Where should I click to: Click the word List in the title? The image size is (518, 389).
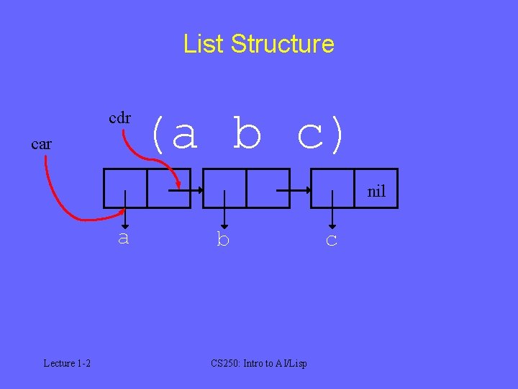click(204, 44)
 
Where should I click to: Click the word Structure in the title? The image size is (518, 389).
click(283, 44)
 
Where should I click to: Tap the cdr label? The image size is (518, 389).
click(119, 117)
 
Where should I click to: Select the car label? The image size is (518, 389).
click(42, 144)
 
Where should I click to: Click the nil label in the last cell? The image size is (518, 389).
click(376, 192)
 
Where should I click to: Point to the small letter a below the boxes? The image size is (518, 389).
click(124, 238)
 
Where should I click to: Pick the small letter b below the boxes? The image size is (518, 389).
click(223, 240)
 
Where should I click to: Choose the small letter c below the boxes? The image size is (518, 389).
click(331, 240)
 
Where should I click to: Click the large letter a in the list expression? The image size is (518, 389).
click(185, 135)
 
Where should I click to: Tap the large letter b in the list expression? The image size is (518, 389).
click(247, 135)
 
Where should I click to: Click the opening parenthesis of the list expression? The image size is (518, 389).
click(157, 135)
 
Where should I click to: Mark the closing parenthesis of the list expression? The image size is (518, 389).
click(337, 135)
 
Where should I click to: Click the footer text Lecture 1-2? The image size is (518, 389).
click(67, 363)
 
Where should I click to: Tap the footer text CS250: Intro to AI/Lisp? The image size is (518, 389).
click(259, 363)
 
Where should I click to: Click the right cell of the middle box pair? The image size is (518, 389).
click(268, 188)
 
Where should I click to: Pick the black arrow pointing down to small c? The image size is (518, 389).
click(332, 209)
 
